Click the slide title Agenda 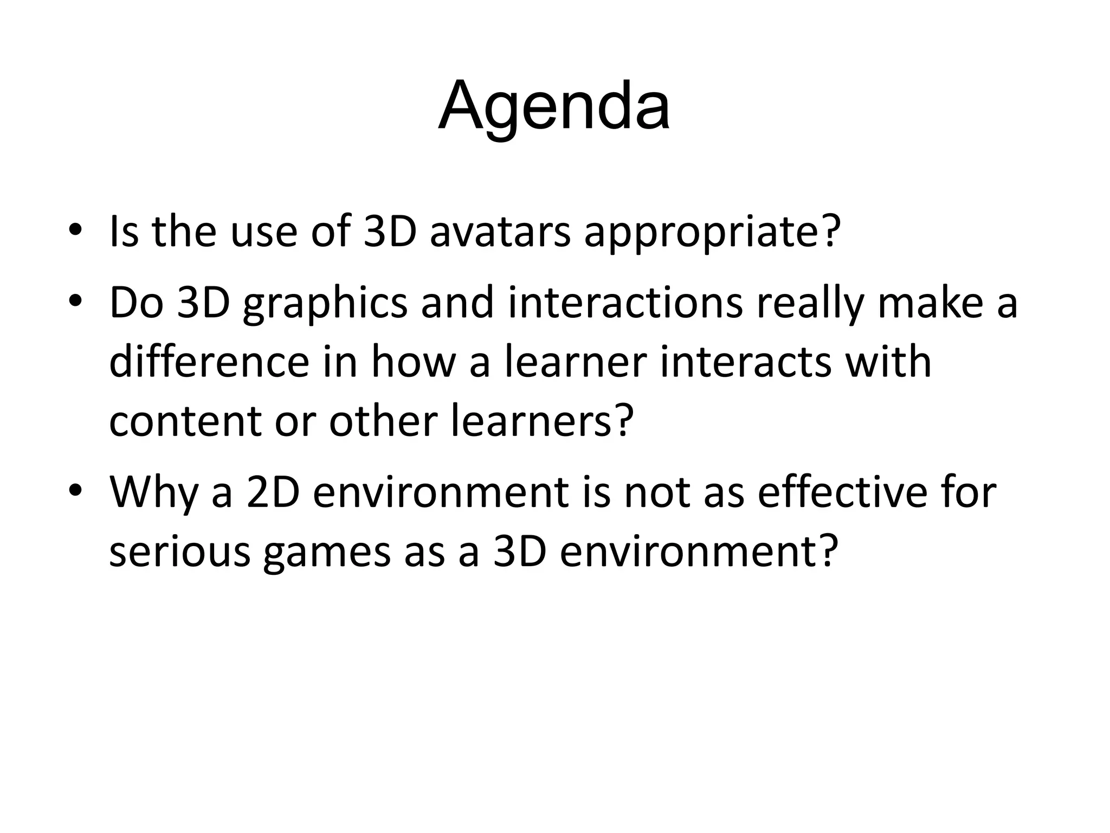coord(554,106)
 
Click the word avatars coord(500,232)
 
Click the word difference coord(209,362)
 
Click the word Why coord(153,492)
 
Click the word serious coord(179,552)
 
